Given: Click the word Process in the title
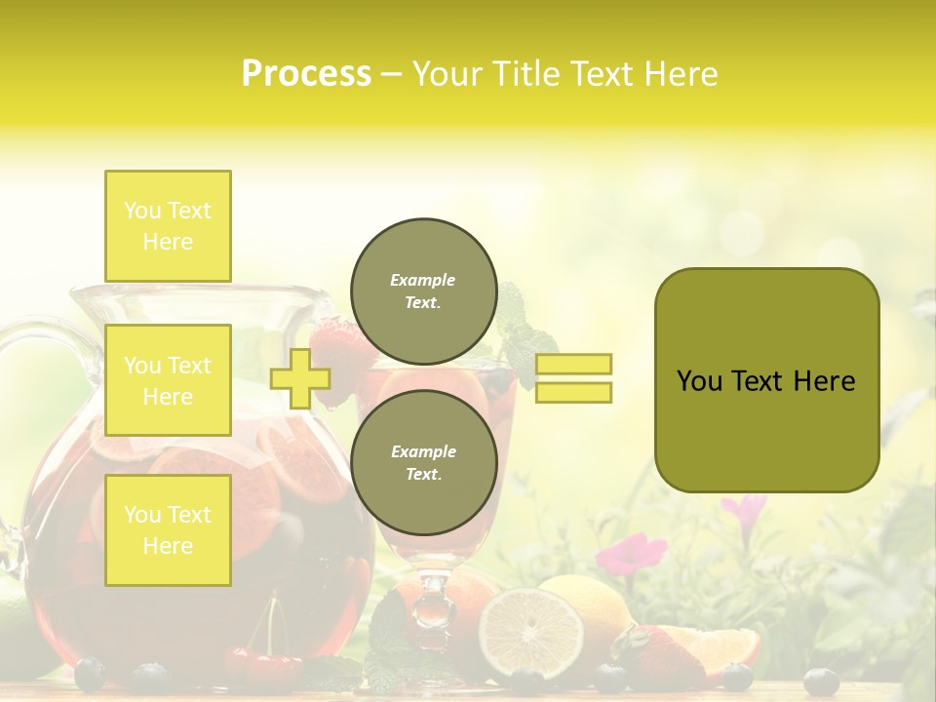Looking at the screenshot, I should [306, 74].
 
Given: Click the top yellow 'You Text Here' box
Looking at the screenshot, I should [168, 226].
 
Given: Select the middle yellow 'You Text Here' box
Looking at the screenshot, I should [168, 380].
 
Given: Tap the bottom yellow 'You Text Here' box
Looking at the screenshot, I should [168, 529].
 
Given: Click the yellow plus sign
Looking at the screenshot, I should [299, 378].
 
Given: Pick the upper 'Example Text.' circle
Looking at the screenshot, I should [423, 291].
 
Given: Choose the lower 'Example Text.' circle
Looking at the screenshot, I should [423, 462].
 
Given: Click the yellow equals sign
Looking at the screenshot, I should [573, 378].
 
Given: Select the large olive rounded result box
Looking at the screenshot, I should [766, 380].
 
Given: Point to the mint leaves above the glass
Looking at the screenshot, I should [522, 331].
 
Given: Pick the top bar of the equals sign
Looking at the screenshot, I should [573, 365].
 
